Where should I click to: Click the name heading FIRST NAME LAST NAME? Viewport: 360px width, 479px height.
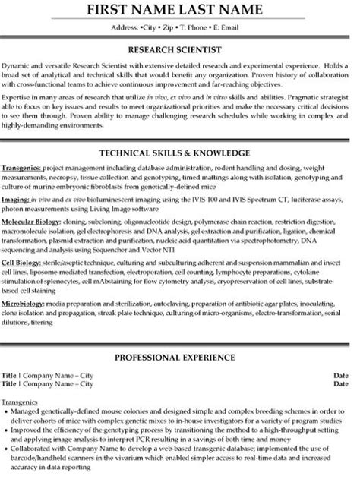pos(180,11)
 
